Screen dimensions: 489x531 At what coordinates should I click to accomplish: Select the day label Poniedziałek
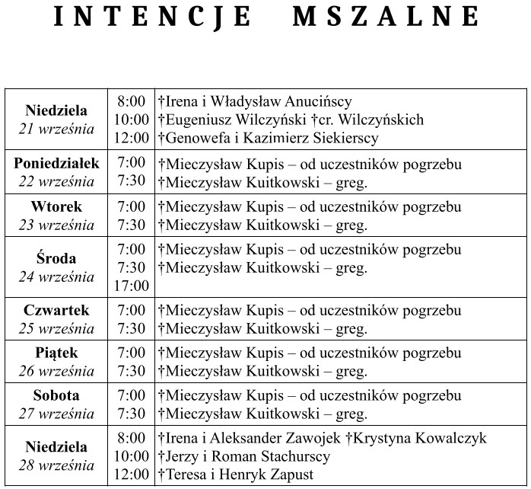tap(56, 164)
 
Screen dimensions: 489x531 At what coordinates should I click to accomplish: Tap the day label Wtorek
tap(56, 206)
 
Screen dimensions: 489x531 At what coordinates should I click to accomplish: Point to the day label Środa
tap(56, 258)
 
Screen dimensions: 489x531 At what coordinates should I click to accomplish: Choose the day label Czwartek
tap(56, 310)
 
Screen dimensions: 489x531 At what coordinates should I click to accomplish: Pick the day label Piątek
tap(56, 353)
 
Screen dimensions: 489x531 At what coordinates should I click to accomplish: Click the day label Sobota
tap(56, 395)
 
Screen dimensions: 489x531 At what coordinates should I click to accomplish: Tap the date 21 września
tap(56, 129)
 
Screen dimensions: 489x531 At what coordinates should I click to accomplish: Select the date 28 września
tap(56, 465)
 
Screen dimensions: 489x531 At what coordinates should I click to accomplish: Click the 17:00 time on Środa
tap(132, 286)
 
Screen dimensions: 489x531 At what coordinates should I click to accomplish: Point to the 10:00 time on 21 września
tap(132, 120)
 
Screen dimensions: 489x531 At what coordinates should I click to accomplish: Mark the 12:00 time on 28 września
tap(132, 475)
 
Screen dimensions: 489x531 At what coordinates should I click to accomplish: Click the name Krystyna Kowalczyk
tap(420, 438)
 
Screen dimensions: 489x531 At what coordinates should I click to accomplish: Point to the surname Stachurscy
tap(292, 456)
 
